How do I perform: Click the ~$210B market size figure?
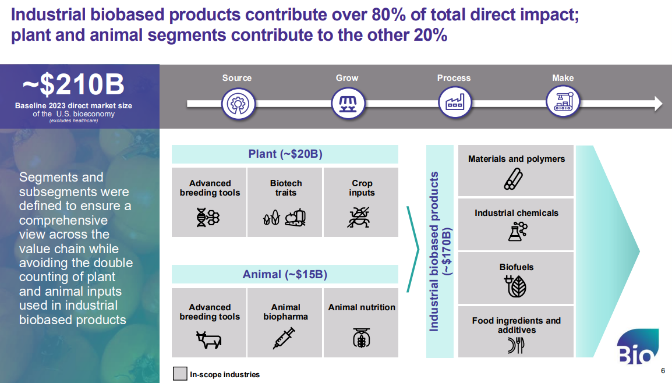73,85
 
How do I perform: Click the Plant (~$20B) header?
285,154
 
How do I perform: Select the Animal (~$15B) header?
285,274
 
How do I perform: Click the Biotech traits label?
285,187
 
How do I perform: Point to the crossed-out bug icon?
361,217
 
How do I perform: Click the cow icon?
208,339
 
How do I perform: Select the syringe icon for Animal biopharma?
284,338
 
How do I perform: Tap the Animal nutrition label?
361,307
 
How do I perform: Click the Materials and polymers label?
516,158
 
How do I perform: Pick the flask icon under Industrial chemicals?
516,231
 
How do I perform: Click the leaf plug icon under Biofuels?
516,286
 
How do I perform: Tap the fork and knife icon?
516,346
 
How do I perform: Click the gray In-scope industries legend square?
180,374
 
